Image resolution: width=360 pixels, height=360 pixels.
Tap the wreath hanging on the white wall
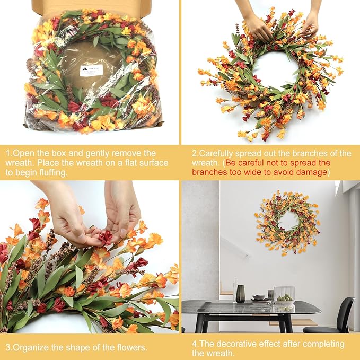coord(287,222)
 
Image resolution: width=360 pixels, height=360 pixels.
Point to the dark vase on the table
coord(240,294)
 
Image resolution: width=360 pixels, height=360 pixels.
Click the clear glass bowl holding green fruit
coord(284,295)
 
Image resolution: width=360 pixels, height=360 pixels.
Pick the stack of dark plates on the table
coord(259,298)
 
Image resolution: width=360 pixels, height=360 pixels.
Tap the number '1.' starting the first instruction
coord(9,153)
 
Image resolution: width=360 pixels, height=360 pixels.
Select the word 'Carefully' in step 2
coord(218,154)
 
